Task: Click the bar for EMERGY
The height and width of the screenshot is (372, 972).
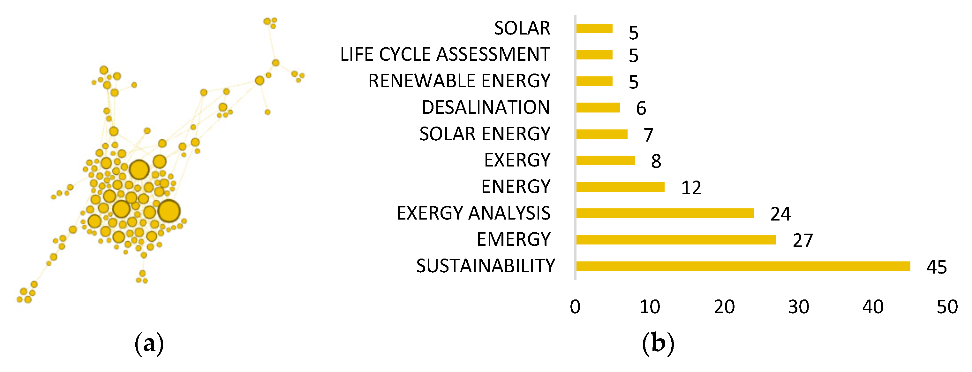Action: [676, 240]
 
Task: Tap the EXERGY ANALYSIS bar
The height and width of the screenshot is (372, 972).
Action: [665, 213]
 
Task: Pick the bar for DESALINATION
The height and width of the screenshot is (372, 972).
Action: [598, 108]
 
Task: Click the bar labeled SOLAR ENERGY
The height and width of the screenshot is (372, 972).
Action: [602, 134]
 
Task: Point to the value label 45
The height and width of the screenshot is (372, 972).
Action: [936, 267]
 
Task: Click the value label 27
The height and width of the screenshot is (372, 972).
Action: [802, 241]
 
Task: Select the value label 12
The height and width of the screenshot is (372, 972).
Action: [691, 188]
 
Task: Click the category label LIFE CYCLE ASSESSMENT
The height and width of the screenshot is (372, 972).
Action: [445, 54]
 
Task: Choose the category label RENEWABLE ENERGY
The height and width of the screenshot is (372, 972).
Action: [459, 81]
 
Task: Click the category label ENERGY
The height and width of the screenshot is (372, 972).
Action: [516, 187]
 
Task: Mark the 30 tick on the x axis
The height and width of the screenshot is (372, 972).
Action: [798, 307]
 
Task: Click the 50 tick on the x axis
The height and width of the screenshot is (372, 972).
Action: [947, 307]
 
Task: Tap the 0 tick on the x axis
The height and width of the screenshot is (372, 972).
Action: [575, 307]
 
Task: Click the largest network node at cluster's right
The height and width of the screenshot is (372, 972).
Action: [169, 211]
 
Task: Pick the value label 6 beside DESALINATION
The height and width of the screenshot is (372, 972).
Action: [641, 109]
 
